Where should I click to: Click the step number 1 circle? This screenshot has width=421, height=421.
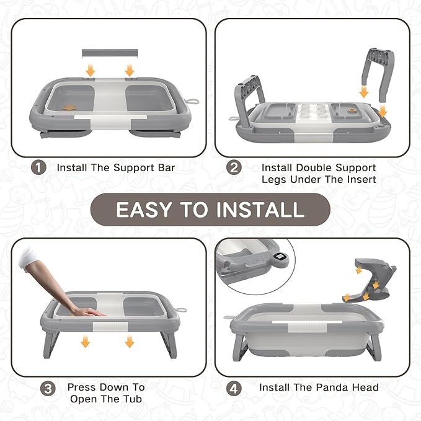pos(39,167)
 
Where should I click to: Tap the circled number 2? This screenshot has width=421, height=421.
pos(234,167)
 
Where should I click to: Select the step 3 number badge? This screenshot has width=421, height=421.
pos(48,388)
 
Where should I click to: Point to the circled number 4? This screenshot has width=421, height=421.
pos(234,388)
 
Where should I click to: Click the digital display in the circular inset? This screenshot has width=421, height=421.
pos(280,256)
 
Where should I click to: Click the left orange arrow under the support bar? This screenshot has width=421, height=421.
pos(91,70)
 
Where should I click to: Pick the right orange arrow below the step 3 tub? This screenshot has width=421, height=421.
pos(129,341)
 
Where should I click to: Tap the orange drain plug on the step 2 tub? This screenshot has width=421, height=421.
pos(352,112)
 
